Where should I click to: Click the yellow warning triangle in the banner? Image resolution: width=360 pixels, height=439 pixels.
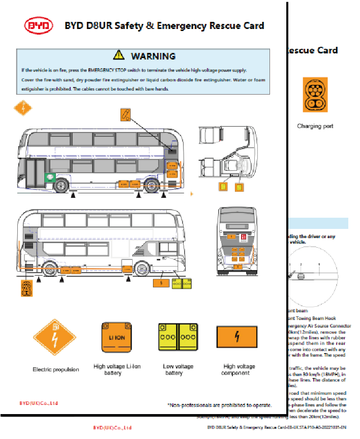pyautogui.click(x=118, y=55)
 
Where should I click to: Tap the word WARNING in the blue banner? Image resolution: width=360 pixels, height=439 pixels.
pyautogui.click(x=153, y=56)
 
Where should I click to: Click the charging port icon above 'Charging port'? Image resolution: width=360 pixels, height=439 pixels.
pyautogui.click(x=314, y=95)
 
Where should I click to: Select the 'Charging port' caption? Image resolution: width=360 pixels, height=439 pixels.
pyautogui.click(x=315, y=126)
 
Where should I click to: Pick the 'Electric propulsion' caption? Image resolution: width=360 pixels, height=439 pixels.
pyautogui.click(x=56, y=369)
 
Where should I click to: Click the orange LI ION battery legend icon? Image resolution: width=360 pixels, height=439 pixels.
pyautogui.click(x=117, y=337)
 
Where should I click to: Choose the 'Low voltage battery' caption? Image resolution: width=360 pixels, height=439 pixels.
pyautogui.click(x=178, y=369)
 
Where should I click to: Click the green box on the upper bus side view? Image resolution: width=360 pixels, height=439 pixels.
pyautogui.click(x=50, y=178)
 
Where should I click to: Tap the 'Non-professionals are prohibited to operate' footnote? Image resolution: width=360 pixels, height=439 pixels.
pyautogui.click(x=219, y=405)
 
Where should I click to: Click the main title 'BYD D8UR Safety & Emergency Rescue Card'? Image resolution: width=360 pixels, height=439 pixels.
pyautogui.click(x=164, y=26)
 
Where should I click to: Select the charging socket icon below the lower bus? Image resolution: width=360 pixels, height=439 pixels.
pyautogui.click(x=27, y=288)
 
